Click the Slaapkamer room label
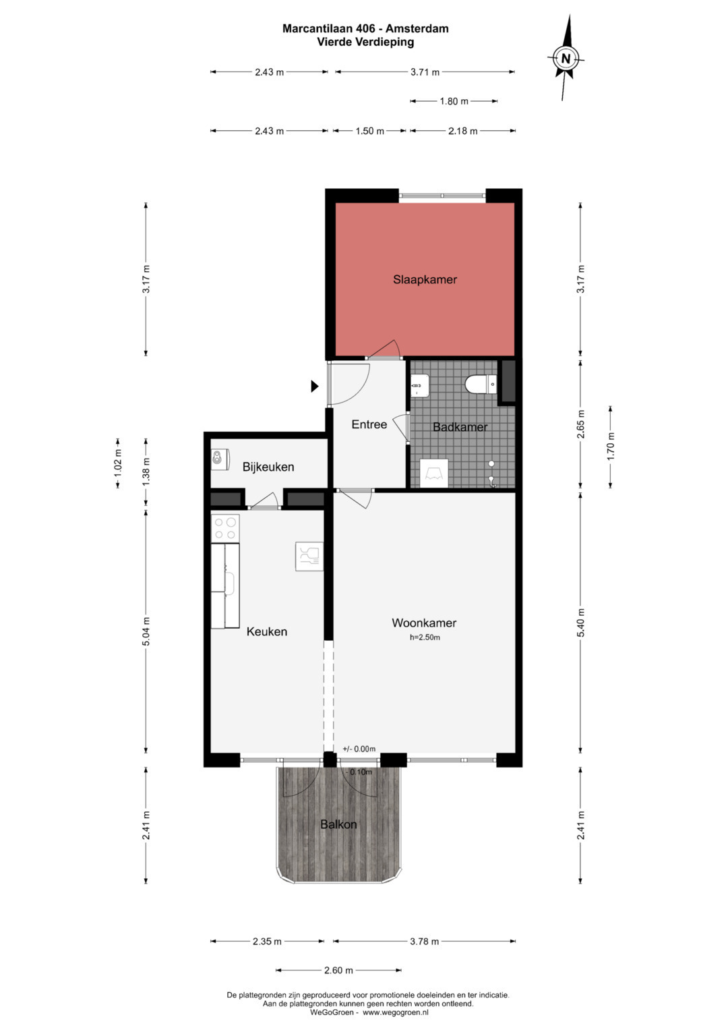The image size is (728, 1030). [425, 279]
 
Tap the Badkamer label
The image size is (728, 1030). [460, 427]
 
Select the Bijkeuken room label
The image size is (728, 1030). [268, 467]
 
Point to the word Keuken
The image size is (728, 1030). [266, 632]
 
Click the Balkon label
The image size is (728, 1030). [338, 824]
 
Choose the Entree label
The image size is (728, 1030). [369, 424]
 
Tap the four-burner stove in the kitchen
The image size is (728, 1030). [225, 528]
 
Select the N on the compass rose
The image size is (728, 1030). [566, 59]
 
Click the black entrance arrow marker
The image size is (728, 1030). [314, 387]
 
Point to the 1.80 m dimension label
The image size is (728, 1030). [454, 101]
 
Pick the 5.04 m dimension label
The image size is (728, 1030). [146, 631]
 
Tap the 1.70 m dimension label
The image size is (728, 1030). [610, 447]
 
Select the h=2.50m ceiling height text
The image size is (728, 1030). [425, 637]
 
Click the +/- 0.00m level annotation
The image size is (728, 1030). [359, 749]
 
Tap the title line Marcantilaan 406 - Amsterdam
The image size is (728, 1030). [365, 28]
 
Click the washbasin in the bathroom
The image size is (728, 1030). [419, 384]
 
